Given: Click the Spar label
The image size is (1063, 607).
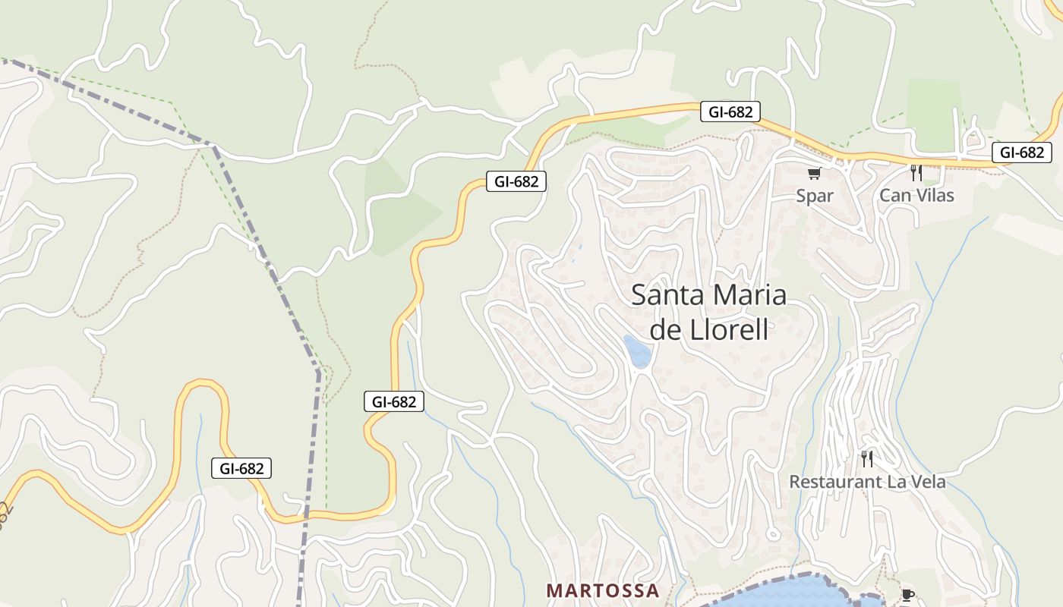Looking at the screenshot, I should [x=815, y=196].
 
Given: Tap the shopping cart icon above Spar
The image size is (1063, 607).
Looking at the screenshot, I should [x=815, y=174].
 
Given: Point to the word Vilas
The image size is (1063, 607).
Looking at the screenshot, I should [x=934, y=196].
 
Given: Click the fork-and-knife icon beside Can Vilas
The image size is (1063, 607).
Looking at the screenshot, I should [x=916, y=173].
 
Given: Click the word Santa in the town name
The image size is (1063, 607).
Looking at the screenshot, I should [x=666, y=295].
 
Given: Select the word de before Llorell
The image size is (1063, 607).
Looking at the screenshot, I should [x=663, y=331].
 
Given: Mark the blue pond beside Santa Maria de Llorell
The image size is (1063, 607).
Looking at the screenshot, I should [x=638, y=351].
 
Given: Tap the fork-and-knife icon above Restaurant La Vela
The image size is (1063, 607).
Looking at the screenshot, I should [x=866, y=458].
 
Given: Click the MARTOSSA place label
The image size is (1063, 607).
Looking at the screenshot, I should [x=603, y=590].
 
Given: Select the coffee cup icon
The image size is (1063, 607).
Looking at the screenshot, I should [x=907, y=595].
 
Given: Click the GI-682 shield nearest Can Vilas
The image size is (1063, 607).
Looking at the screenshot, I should [x=1021, y=153].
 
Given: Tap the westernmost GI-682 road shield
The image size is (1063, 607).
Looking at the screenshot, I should [x=241, y=469].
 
